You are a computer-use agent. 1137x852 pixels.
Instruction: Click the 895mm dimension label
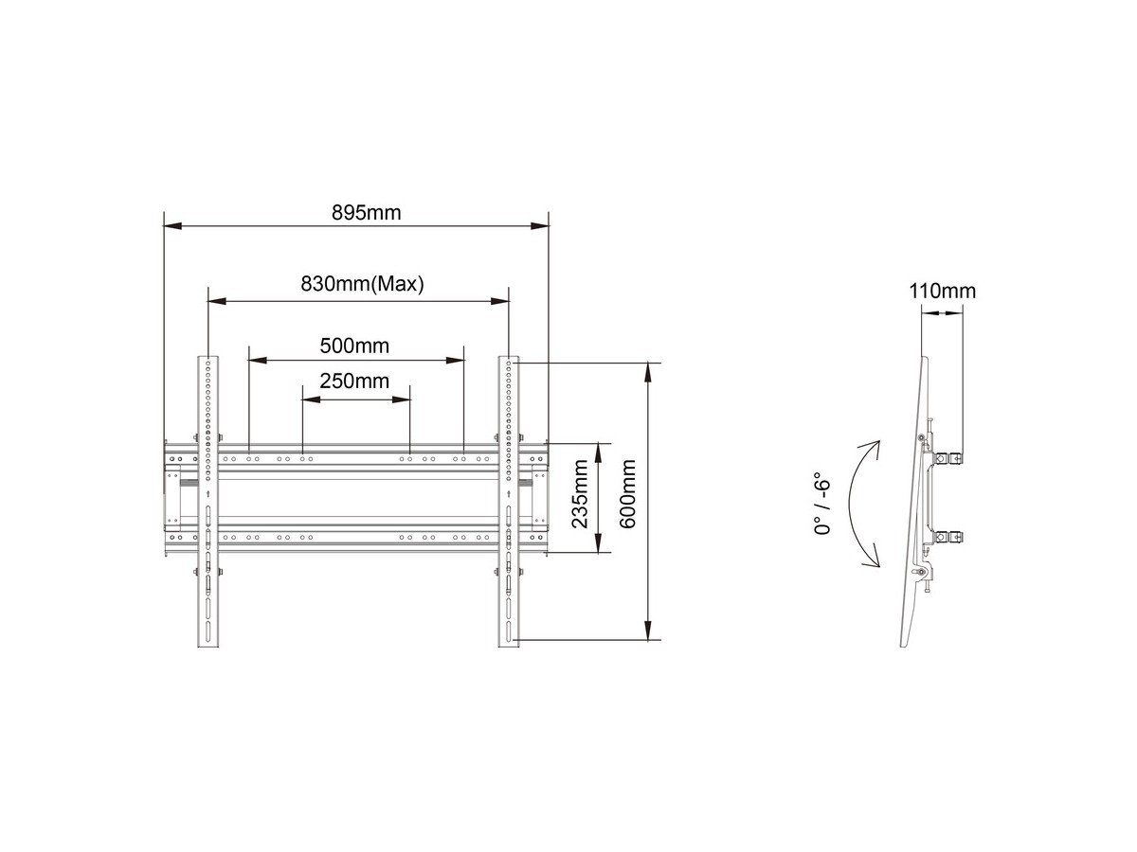pos(367,213)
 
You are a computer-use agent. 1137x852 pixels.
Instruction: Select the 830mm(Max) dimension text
pos(362,283)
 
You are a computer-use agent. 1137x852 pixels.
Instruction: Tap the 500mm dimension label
pos(354,346)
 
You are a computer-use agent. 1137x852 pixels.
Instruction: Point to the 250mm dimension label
pos(354,382)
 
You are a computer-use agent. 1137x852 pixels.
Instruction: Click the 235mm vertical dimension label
pos(580,494)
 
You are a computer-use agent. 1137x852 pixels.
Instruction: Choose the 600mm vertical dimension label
pos(627,494)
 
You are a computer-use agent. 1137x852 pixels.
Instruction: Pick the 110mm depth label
pos(942,292)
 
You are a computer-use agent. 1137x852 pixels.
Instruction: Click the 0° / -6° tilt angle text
pos(822,504)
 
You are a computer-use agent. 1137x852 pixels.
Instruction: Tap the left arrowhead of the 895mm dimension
pos(172,226)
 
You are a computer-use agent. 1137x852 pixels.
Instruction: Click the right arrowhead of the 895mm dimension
pos(540,226)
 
